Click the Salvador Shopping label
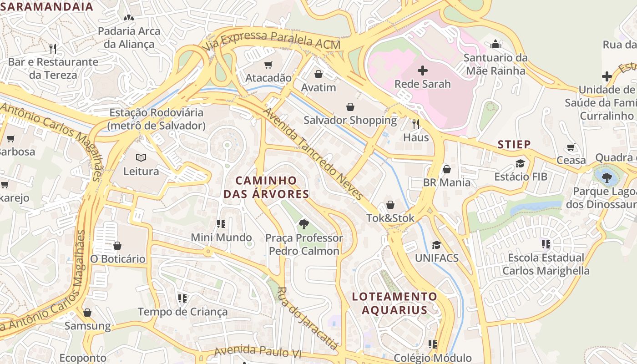(350, 121)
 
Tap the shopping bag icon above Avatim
(318, 74)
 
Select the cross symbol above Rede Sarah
(423, 71)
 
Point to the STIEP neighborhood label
(514, 145)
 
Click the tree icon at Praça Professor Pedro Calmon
(303, 224)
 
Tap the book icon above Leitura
(141, 158)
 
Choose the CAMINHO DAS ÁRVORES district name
(266, 187)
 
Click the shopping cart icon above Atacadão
(268, 65)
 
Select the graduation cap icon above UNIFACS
(436, 245)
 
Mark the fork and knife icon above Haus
(416, 124)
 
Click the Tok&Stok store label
(390, 218)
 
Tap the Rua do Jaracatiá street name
(308, 318)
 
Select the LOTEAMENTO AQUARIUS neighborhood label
(394, 303)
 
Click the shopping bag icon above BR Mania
(447, 169)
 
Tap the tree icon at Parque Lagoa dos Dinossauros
(607, 177)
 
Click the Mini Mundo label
(221, 238)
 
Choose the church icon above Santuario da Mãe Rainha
(495, 44)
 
